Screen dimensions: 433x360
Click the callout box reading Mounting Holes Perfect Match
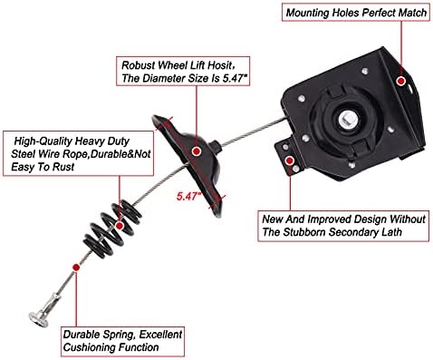[x=356, y=12]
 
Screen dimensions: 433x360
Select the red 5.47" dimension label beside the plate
[x=189, y=197]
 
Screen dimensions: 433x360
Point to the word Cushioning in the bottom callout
[x=90, y=347]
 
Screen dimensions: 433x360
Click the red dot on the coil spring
[x=120, y=226]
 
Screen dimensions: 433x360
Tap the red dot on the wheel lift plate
[x=197, y=151]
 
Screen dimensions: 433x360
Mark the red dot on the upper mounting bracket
[x=400, y=81]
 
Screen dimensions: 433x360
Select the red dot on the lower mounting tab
[x=290, y=161]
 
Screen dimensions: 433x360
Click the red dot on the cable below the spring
[x=76, y=268]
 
